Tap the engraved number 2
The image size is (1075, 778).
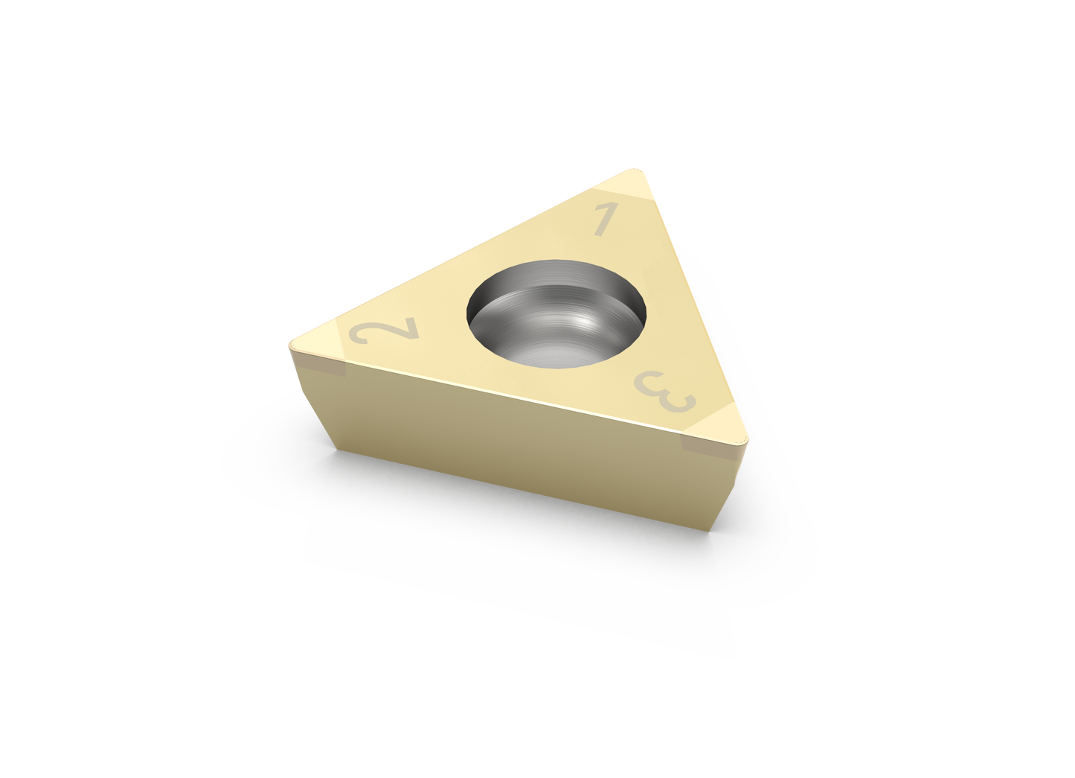384,331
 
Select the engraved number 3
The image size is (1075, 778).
665,392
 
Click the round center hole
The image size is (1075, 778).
556,314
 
